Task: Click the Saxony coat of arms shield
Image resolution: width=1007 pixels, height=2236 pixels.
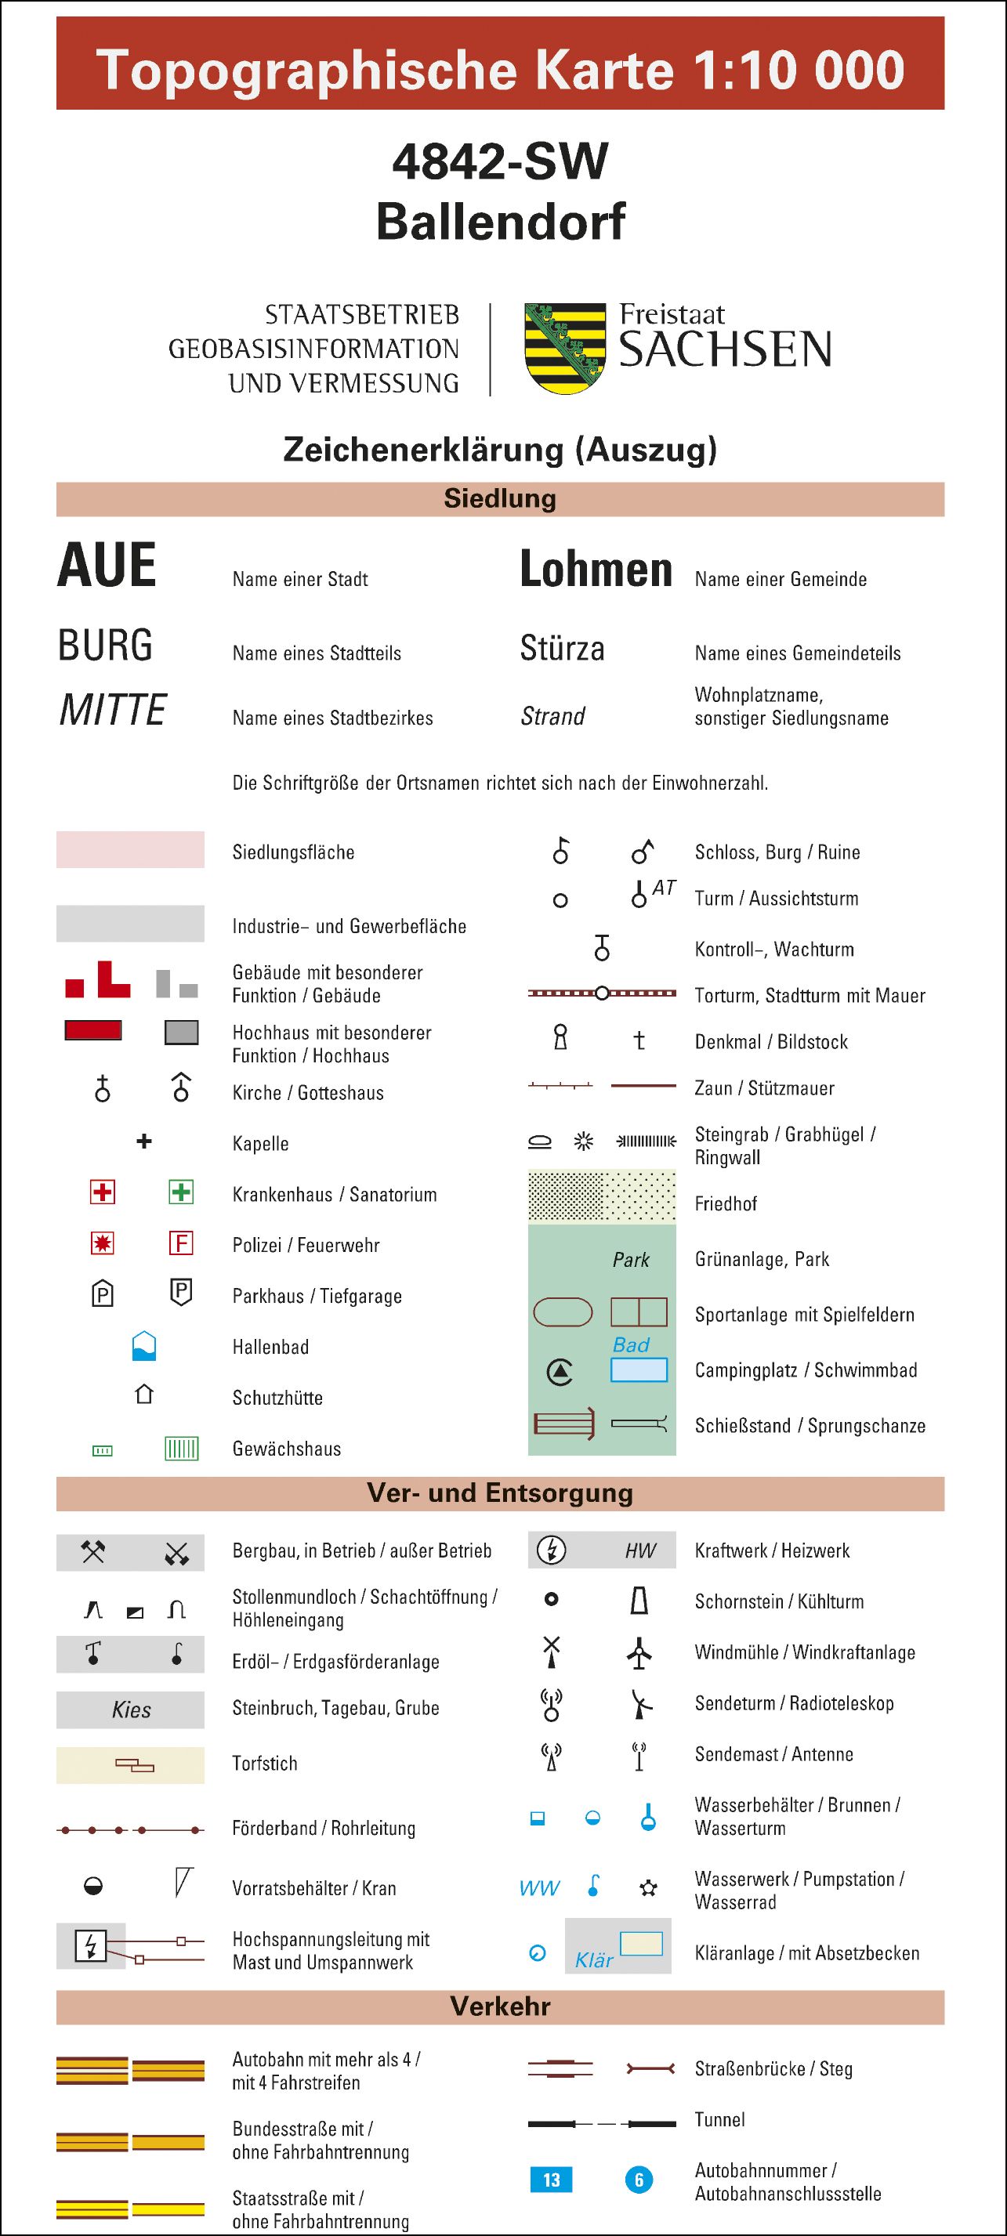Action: (x=565, y=348)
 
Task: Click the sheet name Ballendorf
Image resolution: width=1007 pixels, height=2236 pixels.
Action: (x=500, y=222)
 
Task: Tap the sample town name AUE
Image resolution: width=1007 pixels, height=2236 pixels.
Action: (x=107, y=566)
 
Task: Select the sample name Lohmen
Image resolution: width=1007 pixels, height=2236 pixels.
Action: (x=596, y=570)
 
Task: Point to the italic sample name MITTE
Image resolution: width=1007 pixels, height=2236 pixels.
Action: (x=112, y=710)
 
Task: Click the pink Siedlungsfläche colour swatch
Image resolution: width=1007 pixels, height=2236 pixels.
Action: (x=130, y=850)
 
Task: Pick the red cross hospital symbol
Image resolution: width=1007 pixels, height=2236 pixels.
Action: (x=103, y=1192)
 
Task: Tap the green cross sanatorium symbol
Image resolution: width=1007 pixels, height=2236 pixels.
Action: (x=180, y=1192)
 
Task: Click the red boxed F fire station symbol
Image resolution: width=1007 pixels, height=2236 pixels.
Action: (x=180, y=1243)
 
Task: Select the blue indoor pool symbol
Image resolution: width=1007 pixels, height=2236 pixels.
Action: (x=144, y=1345)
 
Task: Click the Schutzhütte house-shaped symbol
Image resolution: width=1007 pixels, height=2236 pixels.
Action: (x=144, y=1394)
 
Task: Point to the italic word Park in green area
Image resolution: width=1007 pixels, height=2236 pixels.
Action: (x=631, y=1260)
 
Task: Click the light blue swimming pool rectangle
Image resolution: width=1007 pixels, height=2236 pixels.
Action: (x=639, y=1369)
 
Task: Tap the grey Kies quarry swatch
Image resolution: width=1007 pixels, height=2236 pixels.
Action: (x=130, y=1709)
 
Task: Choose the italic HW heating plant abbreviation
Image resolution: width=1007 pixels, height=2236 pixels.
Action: (x=641, y=1550)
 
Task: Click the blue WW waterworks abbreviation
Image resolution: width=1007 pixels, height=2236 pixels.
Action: (x=539, y=1888)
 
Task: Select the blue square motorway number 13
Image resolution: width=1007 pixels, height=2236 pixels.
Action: (x=551, y=2180)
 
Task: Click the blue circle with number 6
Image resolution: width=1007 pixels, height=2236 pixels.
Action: (x=639, y=2180)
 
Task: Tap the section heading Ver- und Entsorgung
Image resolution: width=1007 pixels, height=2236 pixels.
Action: (x=500, y=1493)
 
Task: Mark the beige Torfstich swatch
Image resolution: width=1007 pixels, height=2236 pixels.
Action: (x=130, y=1764)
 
